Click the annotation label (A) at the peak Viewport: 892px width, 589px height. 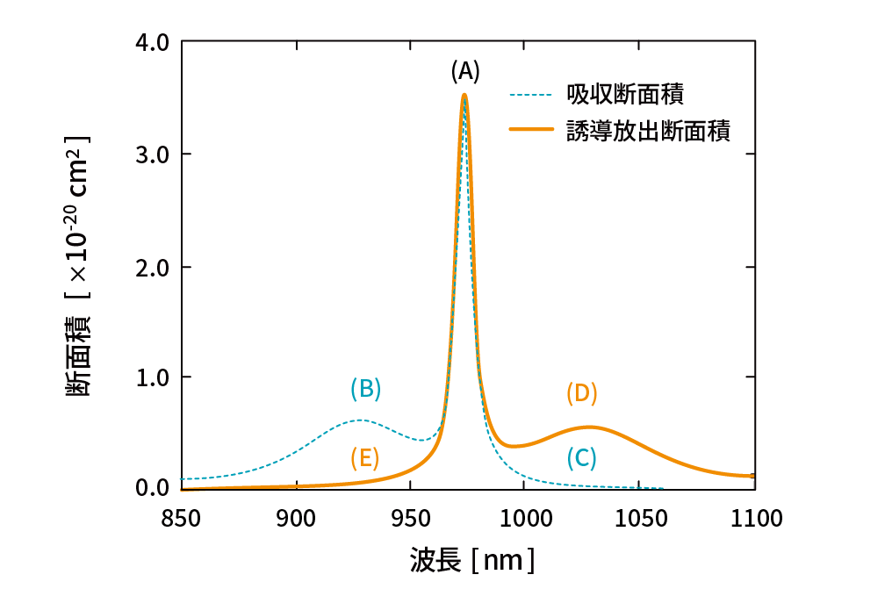coord(465,71)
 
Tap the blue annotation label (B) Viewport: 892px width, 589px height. coord(365,388)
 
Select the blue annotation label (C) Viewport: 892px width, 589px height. coord(581,457)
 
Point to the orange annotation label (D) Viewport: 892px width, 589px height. coord(581,393)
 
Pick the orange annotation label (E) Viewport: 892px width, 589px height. coord(364,457)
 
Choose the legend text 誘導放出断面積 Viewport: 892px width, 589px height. coord(648,130)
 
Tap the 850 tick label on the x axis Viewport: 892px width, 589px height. coord(182,518)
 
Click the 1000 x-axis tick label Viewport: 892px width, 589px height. coord(525,518)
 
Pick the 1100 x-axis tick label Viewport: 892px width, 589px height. coord(755,518)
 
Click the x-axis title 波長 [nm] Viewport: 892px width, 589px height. coord(471,559)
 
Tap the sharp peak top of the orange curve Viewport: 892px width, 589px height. coord(464,95)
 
